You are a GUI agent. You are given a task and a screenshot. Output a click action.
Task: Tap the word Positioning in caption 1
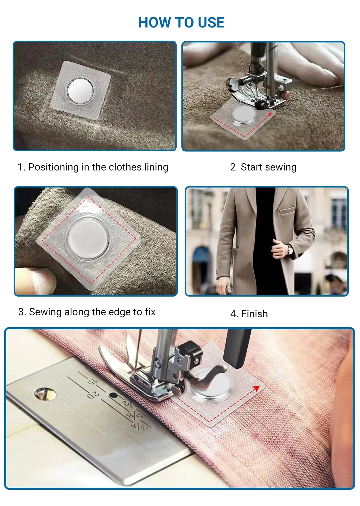[53, 167]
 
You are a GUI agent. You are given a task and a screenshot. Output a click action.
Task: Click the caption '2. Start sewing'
[263, 167]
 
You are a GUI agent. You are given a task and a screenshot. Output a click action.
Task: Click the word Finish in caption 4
[255, 314]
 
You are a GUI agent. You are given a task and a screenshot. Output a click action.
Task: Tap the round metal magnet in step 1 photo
[80, 91]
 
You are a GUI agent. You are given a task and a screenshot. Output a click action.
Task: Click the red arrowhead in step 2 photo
[270, 115]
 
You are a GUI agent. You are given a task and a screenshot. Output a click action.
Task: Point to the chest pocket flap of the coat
[287, 210]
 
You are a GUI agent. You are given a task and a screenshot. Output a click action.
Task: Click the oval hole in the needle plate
[45, 394]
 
